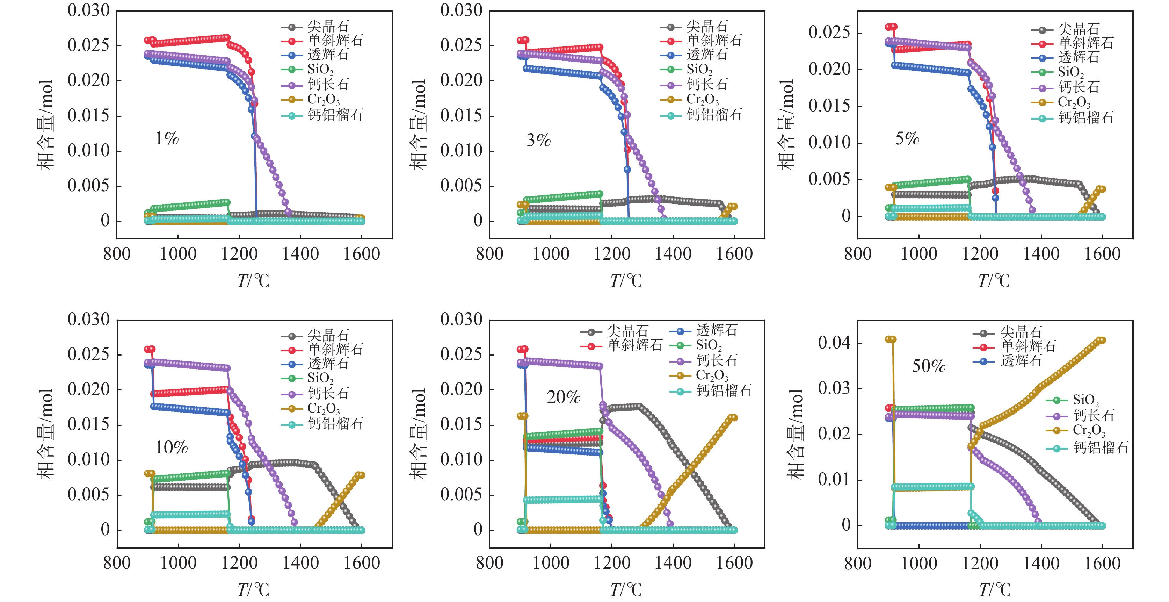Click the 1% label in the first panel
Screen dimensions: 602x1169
click(167, 138)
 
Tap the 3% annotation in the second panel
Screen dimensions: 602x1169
click(539, 140)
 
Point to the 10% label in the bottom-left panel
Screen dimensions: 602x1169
click(172, 447)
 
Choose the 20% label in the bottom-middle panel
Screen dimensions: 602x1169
click(564, 397)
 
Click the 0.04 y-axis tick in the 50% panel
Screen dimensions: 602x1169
click(834, 343)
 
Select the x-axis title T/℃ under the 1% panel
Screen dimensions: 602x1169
click(254, 281)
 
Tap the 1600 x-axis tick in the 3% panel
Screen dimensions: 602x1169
click(734, 254)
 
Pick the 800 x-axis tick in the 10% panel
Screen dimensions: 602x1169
click(117, 563)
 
